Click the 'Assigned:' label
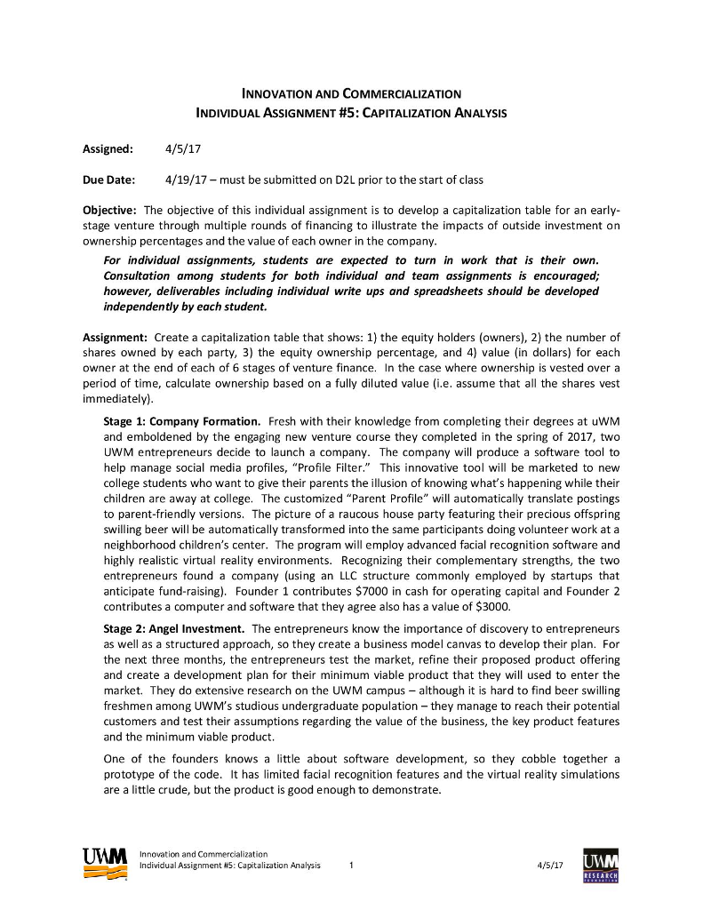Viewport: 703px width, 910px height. tap(108, 148)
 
